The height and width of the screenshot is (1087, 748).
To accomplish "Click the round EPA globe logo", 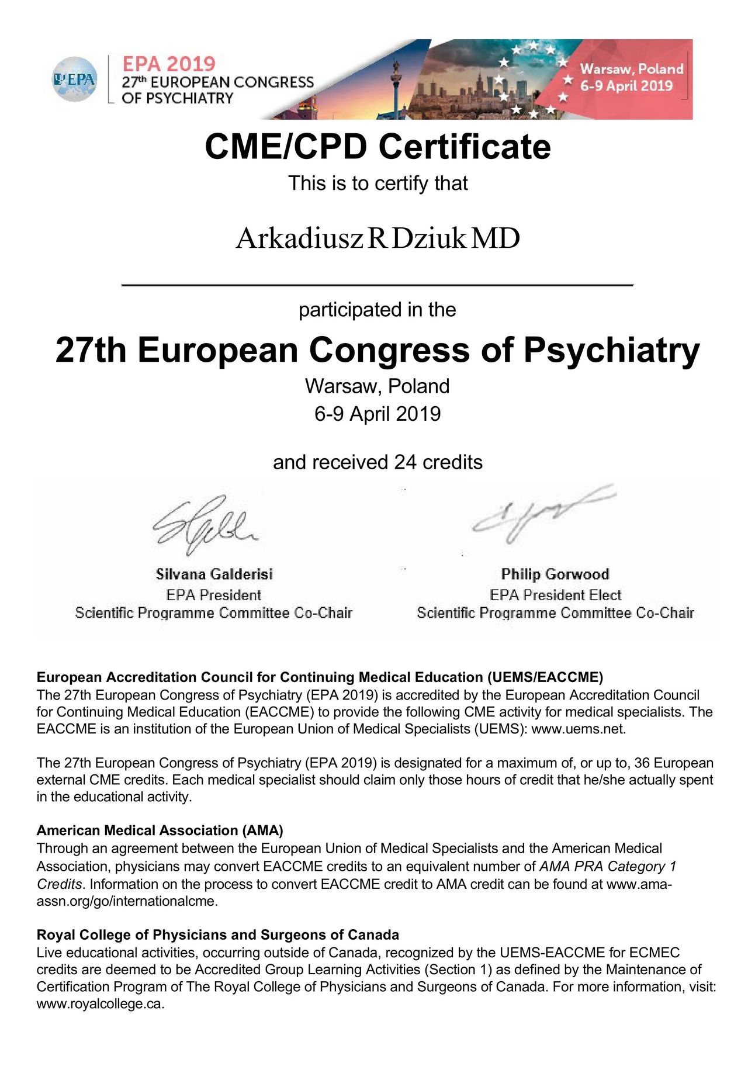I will [x=74, y=79].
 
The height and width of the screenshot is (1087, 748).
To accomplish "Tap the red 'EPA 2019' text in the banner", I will [x=168, y=63].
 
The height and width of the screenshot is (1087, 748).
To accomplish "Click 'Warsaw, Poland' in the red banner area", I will [x=631, y=69].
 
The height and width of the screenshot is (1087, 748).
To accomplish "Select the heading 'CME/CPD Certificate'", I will [x=378, y=146].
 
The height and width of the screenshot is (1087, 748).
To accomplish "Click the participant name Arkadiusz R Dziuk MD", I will [x=378, y=238].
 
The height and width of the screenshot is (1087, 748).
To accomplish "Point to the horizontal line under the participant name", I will [x=378, y=285].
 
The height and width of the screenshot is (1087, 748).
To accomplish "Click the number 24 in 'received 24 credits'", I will [x=405, y=462].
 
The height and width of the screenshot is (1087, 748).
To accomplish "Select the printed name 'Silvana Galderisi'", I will [x=214, y=574].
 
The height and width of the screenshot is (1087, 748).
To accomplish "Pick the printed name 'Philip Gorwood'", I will [x=555, y=574].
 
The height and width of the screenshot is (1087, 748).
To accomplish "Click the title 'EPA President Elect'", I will [x=555, y=595].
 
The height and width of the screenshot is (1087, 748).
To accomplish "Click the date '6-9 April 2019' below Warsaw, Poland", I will [x=378, y=414].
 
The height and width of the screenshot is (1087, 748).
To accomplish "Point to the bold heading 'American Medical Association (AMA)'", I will [x=160, y=830].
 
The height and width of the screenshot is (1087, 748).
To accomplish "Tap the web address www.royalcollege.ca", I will [x=100, y=1004].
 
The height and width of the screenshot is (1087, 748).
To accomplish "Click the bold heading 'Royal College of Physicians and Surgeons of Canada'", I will [x=217, y=934].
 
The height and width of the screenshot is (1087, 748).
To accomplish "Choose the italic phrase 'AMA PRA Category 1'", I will [x=608, y=866].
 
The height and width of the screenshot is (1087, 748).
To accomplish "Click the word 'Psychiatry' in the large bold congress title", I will [x=611, y=350].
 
